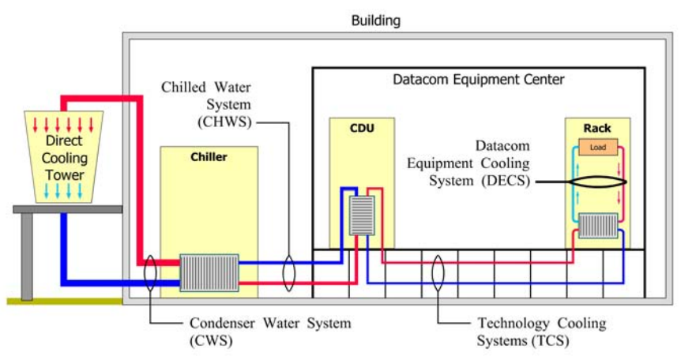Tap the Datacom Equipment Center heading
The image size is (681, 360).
[479, 80]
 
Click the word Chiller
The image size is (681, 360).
[209, 157]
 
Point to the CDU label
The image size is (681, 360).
[361, 128]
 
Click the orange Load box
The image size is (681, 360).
[598, 148]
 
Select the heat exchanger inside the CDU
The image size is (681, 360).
[362, 216]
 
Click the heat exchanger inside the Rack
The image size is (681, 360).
[598, 226]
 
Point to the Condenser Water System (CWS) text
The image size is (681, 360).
[269, 332]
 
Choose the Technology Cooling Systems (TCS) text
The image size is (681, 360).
[541, 332]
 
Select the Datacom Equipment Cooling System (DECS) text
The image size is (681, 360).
[468, 164]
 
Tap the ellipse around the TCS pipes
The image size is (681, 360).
[438, 272]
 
